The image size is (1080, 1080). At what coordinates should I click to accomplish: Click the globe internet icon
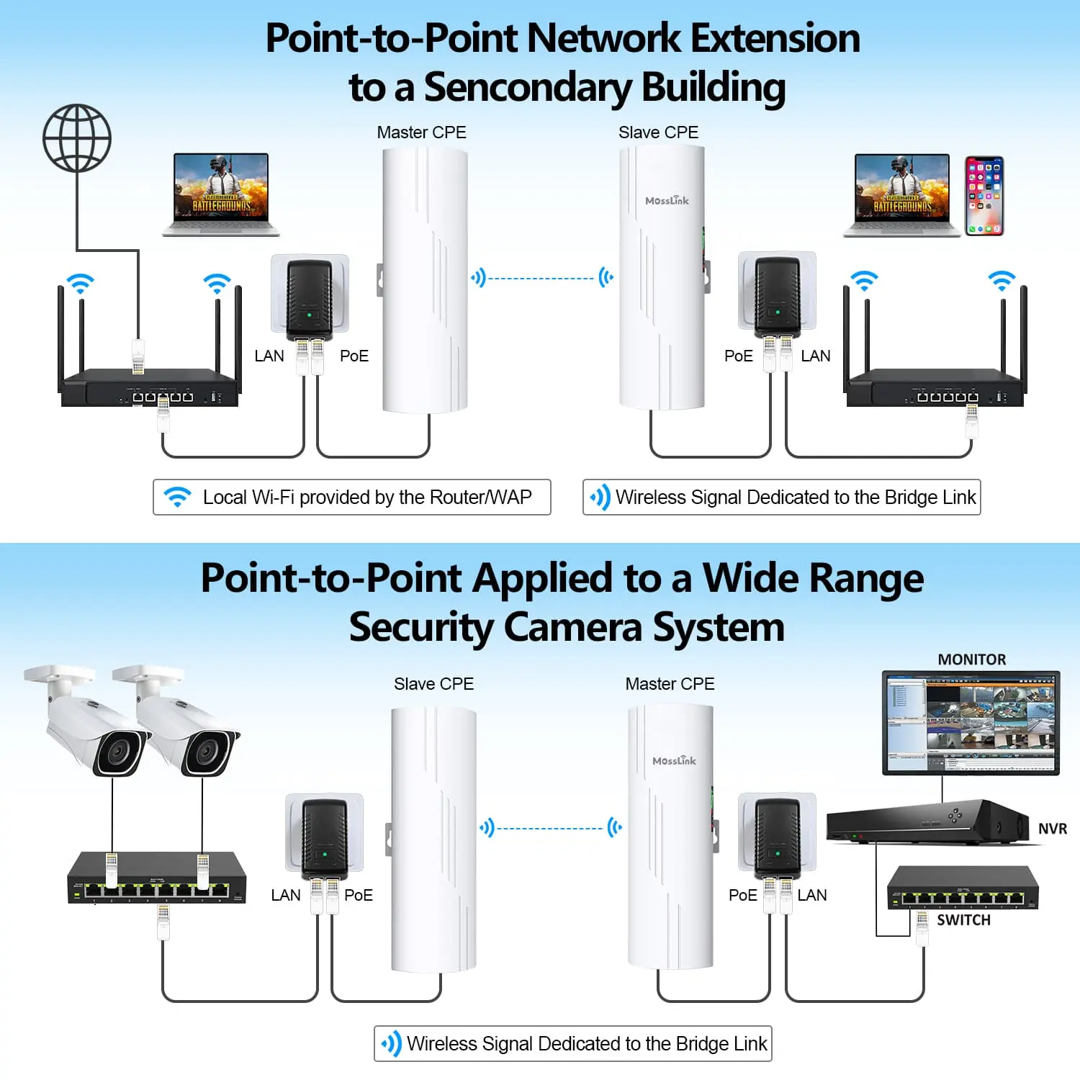pyautogui.click(x=77, y=138)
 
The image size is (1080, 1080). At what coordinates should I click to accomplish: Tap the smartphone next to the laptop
pyautogui.click(x=984, y=196)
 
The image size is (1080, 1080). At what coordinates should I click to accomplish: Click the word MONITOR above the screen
pyautogui.click(x=971, y=660)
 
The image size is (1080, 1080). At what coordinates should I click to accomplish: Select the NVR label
pyautogui.click(x=1052, y=829)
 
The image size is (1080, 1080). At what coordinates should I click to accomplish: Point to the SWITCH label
pyautogui.click(x=963, y=920)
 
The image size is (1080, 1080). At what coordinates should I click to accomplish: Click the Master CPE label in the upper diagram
pyautogui.click(x=421, y=132)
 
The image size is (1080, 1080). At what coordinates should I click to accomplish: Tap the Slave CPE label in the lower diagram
pyautogui.click(x=433, y=684)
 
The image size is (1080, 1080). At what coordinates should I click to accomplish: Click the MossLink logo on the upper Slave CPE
pyautogui.click(x=667, y=201)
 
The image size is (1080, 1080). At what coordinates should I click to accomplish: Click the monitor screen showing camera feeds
pyautogui.click(x=971, y=722)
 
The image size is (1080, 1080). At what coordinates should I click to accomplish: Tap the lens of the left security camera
pyautogui.click(x=115, y=752)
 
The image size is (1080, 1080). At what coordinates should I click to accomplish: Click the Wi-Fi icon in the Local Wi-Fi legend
pyautogui.click(x=177, y=497)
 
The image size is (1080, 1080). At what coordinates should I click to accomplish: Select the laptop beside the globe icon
pyautogui.click(x=221, y=194)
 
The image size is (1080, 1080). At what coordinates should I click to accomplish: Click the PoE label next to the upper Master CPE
pyautogui.click(x=354, y=356)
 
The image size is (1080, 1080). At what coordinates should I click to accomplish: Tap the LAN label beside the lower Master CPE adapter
pyautogui.click(x=812, y=895)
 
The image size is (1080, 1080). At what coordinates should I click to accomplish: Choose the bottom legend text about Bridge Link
pyautogui.click(x=587, y=1043)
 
